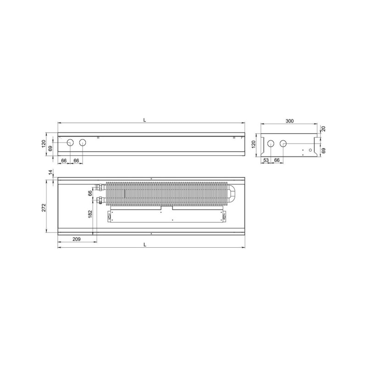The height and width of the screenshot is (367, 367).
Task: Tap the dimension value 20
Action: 323,129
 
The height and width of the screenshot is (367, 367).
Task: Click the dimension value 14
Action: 50,172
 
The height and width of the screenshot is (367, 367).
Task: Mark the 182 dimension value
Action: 90,214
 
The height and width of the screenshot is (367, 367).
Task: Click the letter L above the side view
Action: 145,120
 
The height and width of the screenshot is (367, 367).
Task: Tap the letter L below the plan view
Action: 145,245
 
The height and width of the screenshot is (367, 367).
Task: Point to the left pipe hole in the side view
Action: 70,143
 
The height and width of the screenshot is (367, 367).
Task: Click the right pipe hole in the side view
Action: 82,143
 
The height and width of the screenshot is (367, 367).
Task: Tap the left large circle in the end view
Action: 271,144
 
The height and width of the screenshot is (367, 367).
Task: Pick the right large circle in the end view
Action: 283,144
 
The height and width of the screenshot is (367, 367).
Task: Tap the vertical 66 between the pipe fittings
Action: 90,193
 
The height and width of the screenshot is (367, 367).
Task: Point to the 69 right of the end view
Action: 323,150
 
